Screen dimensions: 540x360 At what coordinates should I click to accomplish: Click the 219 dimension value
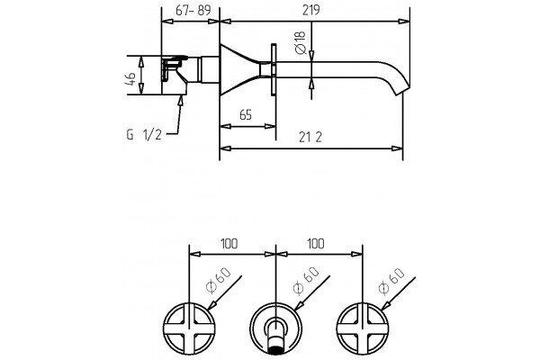tap(311, 10)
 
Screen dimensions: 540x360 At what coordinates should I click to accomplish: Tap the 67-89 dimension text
tap(193, 10)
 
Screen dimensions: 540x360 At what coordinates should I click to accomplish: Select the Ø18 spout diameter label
tap(301, 42)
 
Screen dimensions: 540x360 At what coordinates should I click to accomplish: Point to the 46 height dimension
tap(130, 79)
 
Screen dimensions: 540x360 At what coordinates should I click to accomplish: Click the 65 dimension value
tap(246, 114)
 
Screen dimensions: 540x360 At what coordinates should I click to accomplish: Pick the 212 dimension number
tap(310, 138)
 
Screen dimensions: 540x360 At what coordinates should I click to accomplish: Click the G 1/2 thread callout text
tap(144, 135)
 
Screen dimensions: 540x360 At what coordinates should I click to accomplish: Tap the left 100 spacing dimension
tap(229, 244)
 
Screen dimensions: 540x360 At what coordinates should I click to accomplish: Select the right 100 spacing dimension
tap(316, 244)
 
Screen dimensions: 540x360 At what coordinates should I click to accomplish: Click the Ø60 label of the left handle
tap(218, 280)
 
